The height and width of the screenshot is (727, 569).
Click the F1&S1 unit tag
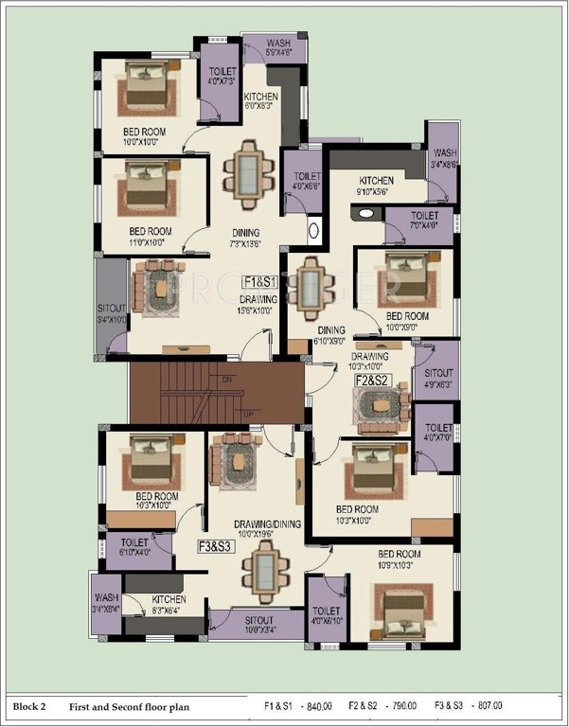[x=258, y=282]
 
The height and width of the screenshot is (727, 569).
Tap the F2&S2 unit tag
[x=371, y=381]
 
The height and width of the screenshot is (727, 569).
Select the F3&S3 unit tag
[x=215, y=546]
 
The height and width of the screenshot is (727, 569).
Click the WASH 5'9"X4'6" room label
[x=277, y=48]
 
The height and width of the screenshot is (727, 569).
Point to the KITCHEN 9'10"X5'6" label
[x=375, y=186]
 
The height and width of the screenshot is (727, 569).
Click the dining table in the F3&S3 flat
[x=261, y=574]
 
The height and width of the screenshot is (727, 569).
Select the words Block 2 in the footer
[x=29, y=705]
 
